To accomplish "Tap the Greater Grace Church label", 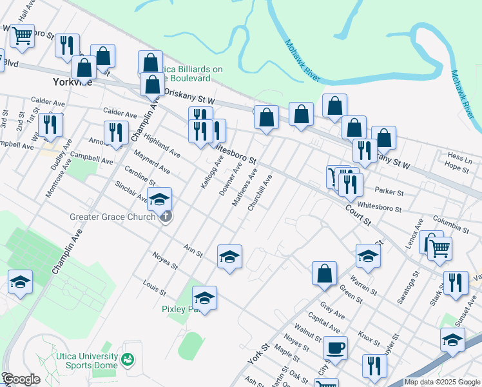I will pos(112,217).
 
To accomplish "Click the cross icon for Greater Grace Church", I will pos(166,217).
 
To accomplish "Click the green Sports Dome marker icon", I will pos(128,358).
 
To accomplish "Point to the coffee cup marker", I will pos(334,348).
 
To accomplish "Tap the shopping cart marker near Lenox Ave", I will pos(439,247).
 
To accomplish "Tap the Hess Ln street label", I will pos(459,157).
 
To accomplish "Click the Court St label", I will pos(358,215).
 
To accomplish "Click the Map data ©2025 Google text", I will pos(442,382).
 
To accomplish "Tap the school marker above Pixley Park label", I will pos(204,298).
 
